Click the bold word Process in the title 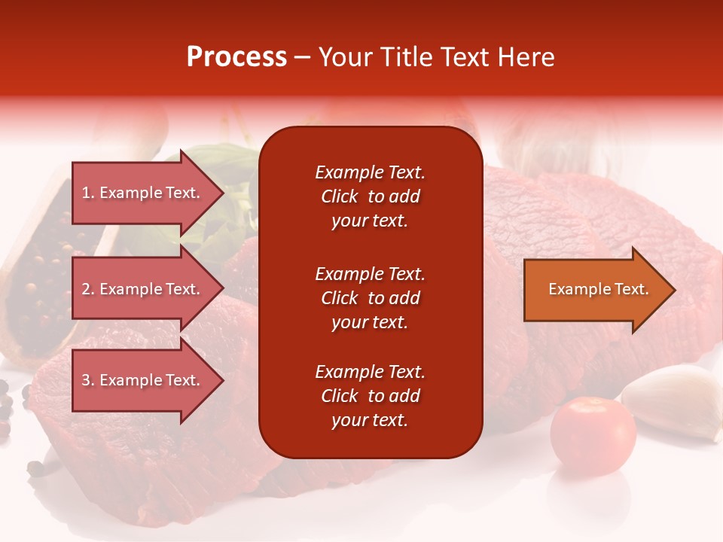[236, 57]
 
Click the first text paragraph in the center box [370, 196]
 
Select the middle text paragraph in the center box [370, 297]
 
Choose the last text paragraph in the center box [370, 396]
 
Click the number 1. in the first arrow [87, 193]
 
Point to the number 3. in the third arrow [87, 380]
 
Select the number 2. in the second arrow [87, 289]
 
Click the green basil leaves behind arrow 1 [218, 162]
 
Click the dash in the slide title [302, 57]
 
